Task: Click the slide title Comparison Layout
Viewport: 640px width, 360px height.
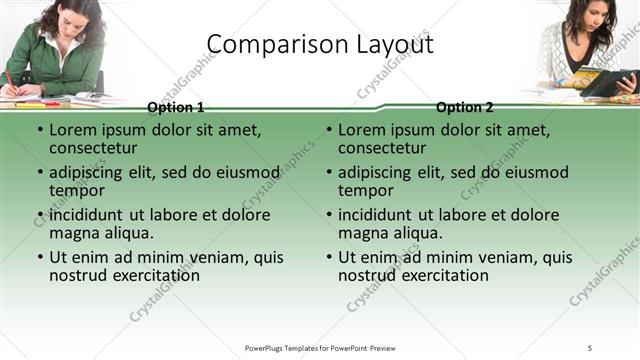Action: click(320, 45)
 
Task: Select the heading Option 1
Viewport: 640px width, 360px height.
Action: click(176, 107)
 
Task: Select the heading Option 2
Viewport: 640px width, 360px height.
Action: click(465, 107)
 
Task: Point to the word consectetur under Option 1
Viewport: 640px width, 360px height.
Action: click(96, 148)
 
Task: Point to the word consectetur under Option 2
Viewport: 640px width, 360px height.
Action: click(385, 148)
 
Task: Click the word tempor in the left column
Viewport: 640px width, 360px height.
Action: click(78, 190)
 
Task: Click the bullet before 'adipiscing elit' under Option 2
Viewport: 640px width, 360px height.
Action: click(328, 172)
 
